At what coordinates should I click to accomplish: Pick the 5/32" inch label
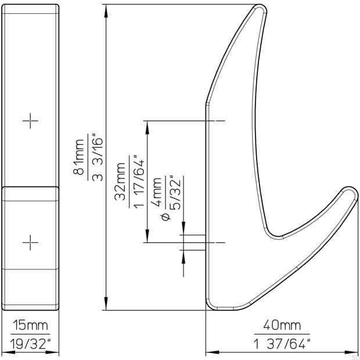click(175, 192)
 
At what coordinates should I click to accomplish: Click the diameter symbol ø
click(166, 216)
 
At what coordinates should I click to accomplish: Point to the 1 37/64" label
click(282, 343)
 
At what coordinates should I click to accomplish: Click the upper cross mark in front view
click(30, 121)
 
